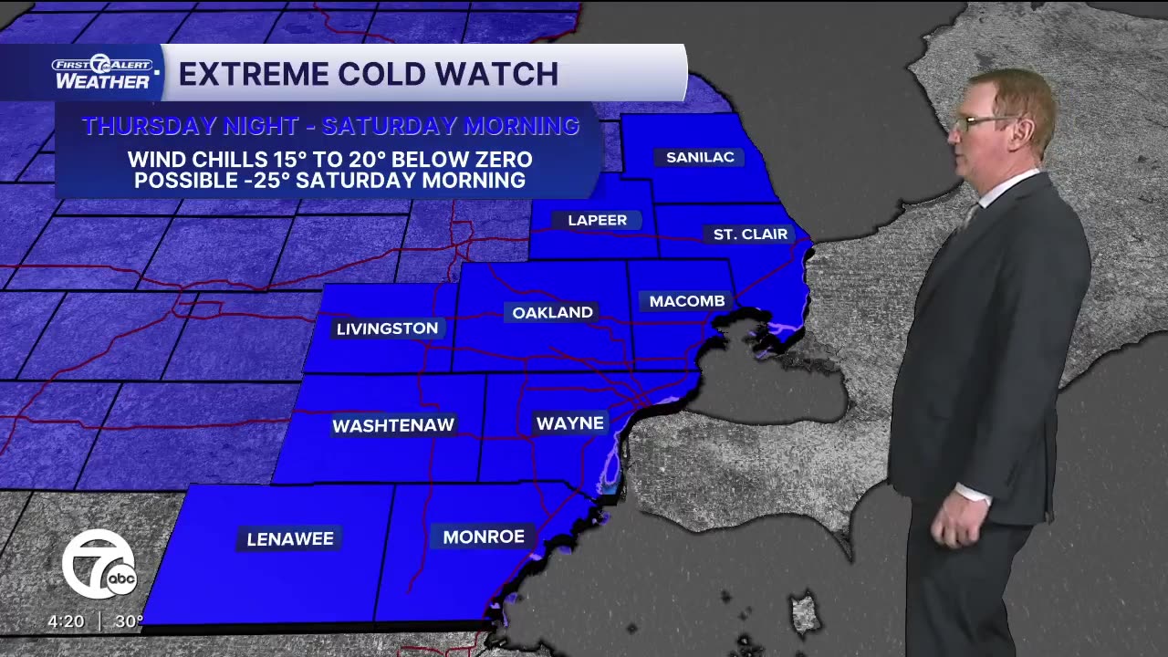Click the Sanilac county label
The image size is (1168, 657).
[700, 157]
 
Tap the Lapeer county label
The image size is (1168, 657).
[597, 220]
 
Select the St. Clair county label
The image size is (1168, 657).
[750, 235]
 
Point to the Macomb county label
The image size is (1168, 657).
[687, 301]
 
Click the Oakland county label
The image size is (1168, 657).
[552, 312]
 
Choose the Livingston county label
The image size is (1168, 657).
[387, 328]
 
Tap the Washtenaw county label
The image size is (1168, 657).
[392, 425]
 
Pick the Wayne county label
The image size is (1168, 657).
[569, 423]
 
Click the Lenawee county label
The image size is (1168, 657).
[290, 538]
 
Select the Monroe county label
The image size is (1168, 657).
[483, 537]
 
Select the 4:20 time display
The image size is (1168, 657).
[66, 621]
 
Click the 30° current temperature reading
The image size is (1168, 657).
[129, 621]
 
